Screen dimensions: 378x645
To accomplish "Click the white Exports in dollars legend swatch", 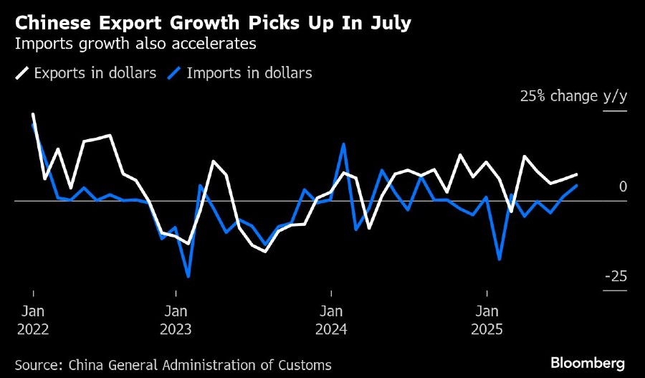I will coord(21,73).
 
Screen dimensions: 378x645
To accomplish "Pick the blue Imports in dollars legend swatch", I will coord(173,73).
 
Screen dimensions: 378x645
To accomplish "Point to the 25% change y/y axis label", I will coord(573,96).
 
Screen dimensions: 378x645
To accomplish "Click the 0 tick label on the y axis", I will coord(623,186).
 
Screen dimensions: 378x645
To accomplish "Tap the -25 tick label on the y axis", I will coord(616,277).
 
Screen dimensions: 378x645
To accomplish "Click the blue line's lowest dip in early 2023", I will coord(188,276).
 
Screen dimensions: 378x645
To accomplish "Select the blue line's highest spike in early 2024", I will coord(344,144).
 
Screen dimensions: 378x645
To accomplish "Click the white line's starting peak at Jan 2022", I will coord(33,114).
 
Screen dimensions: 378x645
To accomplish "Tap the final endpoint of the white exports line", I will coord(577,174).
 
